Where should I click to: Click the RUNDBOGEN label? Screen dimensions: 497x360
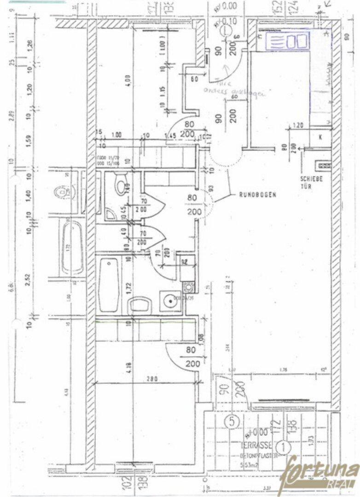(x=257, y=195)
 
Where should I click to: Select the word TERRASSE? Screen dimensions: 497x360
(x=251, y=445)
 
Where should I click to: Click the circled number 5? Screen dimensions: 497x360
(x=232, y=420)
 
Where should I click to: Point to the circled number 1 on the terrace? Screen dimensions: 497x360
(x=285, y=445)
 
